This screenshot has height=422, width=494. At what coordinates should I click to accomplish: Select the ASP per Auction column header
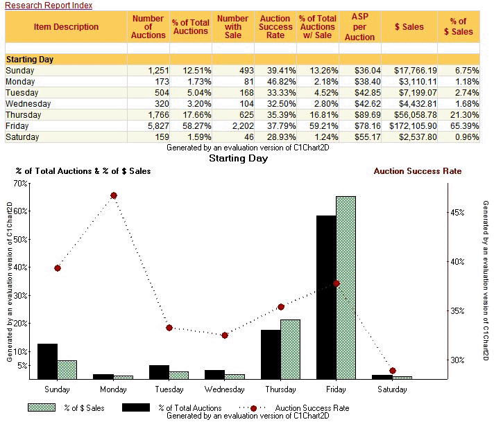pyautogui.click(x=359, y=26)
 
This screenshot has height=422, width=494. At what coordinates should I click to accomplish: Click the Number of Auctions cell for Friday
pyautogui.click(x=147, y=126)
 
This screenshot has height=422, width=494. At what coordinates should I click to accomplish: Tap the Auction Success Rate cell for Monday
pyautogui.click(x=276, y=82)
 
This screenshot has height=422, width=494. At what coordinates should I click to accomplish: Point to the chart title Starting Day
pyautogui.click(x=239, y=159)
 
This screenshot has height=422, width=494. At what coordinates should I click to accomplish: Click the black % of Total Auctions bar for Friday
pyautogui.click(x=326, y=297)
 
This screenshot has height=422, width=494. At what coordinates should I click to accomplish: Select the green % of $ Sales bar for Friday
pyautogui.click(x=346, y=288)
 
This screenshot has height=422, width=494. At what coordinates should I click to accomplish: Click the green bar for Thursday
pyautogui.click(x=290, y=349)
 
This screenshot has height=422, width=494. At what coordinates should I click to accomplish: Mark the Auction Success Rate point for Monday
pyautogui.click(x=114, y=195)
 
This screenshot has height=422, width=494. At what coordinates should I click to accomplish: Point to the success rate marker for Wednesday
pyautogui.click(x=225, y=335)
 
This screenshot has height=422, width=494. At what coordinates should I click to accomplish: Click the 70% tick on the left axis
pyautogui.click(x=20, y=183)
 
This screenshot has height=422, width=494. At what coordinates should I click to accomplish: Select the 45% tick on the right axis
pyautogui.click(x=457, y=213)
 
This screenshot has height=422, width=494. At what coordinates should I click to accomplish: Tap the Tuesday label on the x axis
pyautogui.click(x=169, y=389)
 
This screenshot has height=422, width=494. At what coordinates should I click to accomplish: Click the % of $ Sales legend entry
pyautogui.click(x=69, y=408)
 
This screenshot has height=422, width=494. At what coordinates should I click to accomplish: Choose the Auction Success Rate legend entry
pyautogui.click(x=298, y=408)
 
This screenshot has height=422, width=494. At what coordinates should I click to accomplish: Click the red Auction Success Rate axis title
pyautogui.click(x=417, y=171)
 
